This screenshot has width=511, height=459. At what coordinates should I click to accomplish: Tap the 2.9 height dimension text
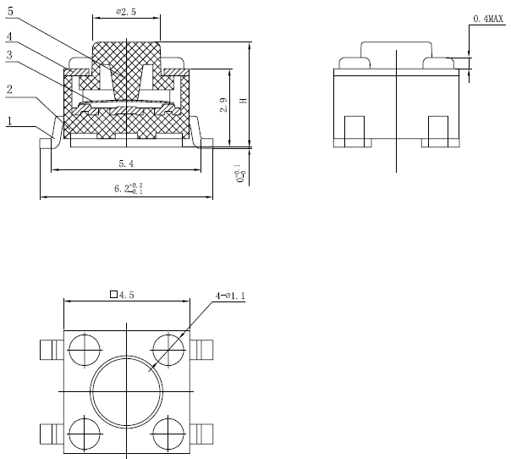pyautogui.click(x=223, y=106)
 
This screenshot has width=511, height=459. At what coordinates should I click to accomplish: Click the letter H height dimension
pyautogui.click(x=243, y=101)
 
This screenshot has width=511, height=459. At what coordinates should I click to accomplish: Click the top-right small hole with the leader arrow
pyautogui.click(x=168, y=347)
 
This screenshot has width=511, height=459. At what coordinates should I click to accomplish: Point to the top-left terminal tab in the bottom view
pyautogui.click(x=49, y=348)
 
